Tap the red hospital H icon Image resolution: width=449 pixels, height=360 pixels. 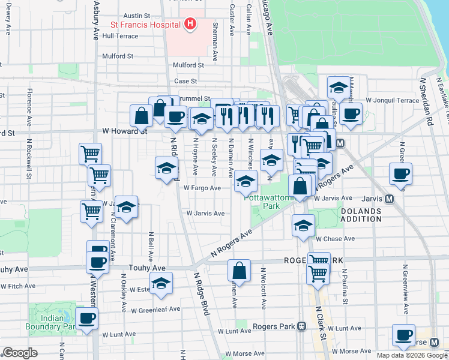tap(190, 25)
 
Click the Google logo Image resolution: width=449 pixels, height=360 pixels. tap(20, 353)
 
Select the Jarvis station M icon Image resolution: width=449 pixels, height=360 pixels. tap(389, 199)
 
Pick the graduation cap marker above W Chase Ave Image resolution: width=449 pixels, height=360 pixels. tap(304, 226)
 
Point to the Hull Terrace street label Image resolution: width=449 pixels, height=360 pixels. tap(120, 36)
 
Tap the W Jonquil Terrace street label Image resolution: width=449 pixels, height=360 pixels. tap(393, 100)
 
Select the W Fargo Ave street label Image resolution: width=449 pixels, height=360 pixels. tap(202, 188)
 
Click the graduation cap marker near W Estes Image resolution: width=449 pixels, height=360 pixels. tap(161, 284)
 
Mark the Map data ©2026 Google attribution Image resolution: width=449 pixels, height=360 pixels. tap(412, 355)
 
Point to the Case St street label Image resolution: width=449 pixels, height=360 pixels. tap(185, 81)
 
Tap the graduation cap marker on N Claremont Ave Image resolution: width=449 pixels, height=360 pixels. tap(126, 207)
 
